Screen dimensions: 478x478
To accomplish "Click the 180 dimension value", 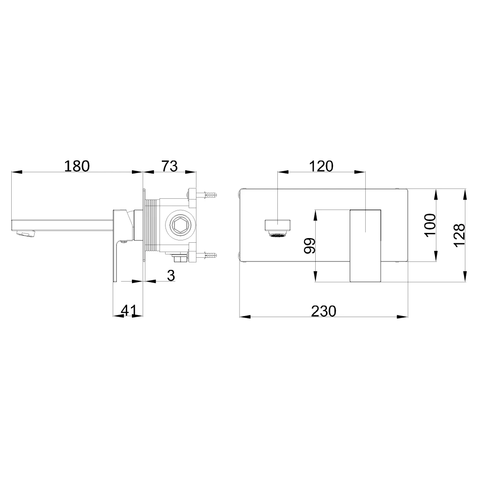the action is coord(77,166).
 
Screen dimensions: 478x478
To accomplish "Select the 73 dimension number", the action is coord(169,166).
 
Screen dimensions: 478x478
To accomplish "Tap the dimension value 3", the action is coord(171,275).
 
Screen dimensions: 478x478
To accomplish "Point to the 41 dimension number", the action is coord(129,311).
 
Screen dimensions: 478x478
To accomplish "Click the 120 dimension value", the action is coord(321,166).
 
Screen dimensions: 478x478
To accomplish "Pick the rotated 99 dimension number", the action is coord(310,246).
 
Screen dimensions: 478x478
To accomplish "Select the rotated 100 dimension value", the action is coord(430,225).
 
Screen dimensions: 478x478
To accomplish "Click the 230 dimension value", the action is coord(324,311).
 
